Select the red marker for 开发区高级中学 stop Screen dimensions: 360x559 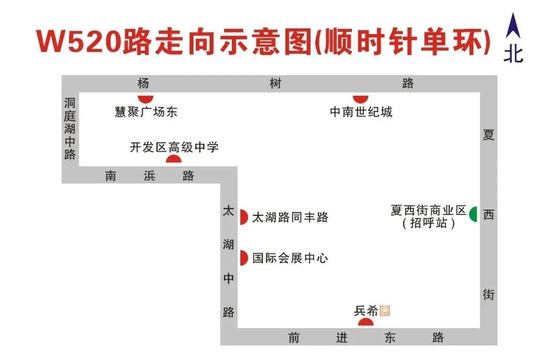(173, 159)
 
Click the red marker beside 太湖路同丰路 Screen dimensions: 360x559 (244, 217)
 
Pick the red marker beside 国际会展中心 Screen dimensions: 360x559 (244, 257)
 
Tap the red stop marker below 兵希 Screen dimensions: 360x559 (365, 322)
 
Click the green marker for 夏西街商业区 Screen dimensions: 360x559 (473, 214)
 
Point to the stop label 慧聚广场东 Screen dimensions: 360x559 (146, 111)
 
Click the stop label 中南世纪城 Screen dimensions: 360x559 (361, 111)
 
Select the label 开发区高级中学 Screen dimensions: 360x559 (174, 148)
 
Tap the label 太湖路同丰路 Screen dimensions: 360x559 (290, 218)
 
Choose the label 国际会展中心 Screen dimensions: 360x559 (290, 258)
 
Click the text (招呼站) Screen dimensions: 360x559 (429, 224)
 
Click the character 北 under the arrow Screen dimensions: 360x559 (513, 53)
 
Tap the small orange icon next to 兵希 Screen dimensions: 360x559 (385, 311)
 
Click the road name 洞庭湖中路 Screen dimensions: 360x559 (70, 128)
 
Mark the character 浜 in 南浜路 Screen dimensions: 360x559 (149, 176)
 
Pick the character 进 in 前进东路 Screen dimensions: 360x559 (342, 338)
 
